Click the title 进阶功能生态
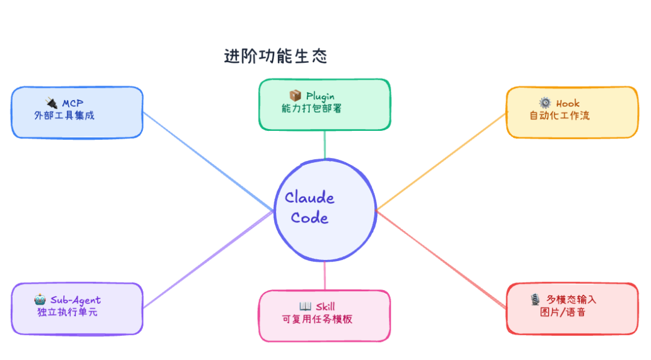coord(275,56)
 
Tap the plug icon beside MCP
coord(51,103)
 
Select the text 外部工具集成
coord(64,115)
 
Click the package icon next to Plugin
coord(295,95)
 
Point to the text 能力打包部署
coord(312,109)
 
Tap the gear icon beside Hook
coord(545,103)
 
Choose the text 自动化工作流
coord(559,115)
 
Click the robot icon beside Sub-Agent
coord(40,299)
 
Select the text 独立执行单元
coord(68,312)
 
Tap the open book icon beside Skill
coord(305,306)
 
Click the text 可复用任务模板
coord(317,319)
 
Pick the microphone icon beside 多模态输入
coord(535,299)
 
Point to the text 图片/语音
coord(562,312)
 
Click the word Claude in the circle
coord(309,197)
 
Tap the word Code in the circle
coord(309,217)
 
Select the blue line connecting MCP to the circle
coord(208,161)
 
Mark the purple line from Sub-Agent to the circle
coord(208,259)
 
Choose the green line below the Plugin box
coord(325,145)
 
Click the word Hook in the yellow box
coord(568,103)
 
